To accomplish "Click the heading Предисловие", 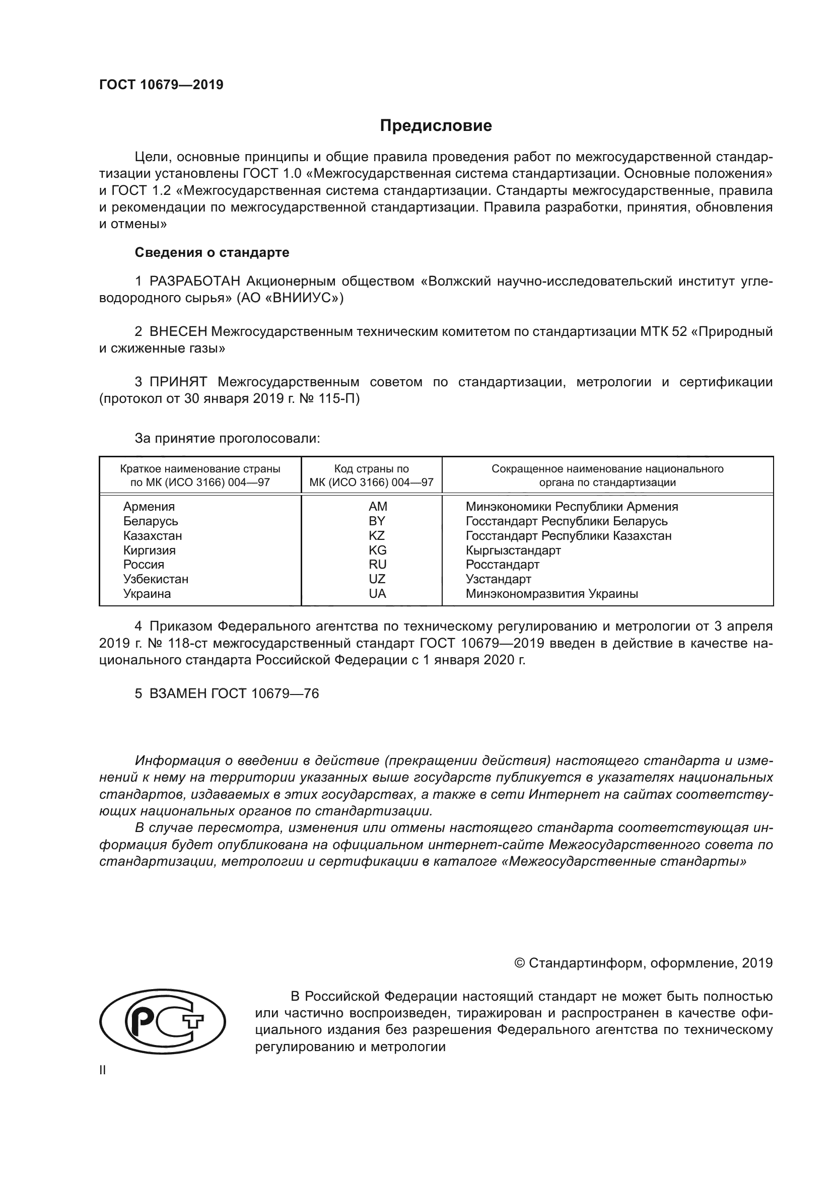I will pyautogui.click(x=436, y=126).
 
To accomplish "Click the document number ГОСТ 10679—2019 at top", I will pyautogui.click(x=161, y=85).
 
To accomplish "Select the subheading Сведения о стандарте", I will pyautogui.click(x=212, y=252).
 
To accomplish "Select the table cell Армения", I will pyautogui.click(x=149, y=506).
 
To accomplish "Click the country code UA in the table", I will pyautogui.click(x=377, y=594).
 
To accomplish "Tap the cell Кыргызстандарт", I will pyautogui.click(x=513, y=550).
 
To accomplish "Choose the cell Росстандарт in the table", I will pyautogui.click(x=502, y=565).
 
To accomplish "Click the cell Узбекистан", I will pyautogui.click(x=156, y=579).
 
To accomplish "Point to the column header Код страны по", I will pyautogui.click(x=371, y=469).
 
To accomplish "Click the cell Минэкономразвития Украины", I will pyautogui.click(x=551, y=594).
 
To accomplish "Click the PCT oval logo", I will pyautogui.click(x=162, y=1021).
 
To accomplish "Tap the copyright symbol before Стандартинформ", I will pyautogui.click(x=519, y=963).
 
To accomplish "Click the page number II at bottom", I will pyautogui.click(x=103, y=1070).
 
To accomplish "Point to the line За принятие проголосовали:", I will pyautogui.click(x=227, y=438).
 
